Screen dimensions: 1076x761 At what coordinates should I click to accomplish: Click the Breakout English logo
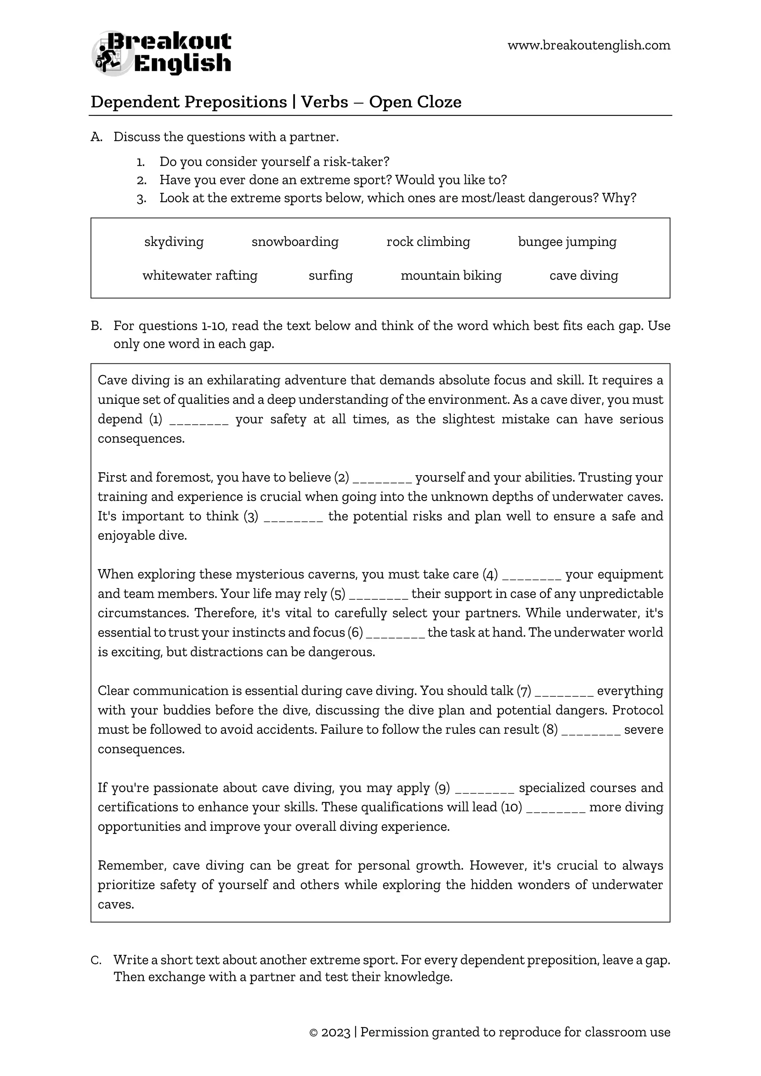point(161,53)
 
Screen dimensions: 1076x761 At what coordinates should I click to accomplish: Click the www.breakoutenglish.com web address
point(589,45)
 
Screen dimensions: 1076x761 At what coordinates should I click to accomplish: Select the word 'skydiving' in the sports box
point(174,242)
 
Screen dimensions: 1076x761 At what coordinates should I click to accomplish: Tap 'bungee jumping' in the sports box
point(567,242)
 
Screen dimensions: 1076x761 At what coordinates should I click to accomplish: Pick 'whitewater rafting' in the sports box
point(200,276)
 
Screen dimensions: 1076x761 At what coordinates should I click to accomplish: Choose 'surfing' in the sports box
point(330,276)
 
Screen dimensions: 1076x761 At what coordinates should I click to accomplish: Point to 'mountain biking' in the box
point(451,276)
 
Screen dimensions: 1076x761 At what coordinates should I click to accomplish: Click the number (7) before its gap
point(524,691)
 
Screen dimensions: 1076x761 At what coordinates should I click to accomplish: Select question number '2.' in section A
point(142,181)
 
